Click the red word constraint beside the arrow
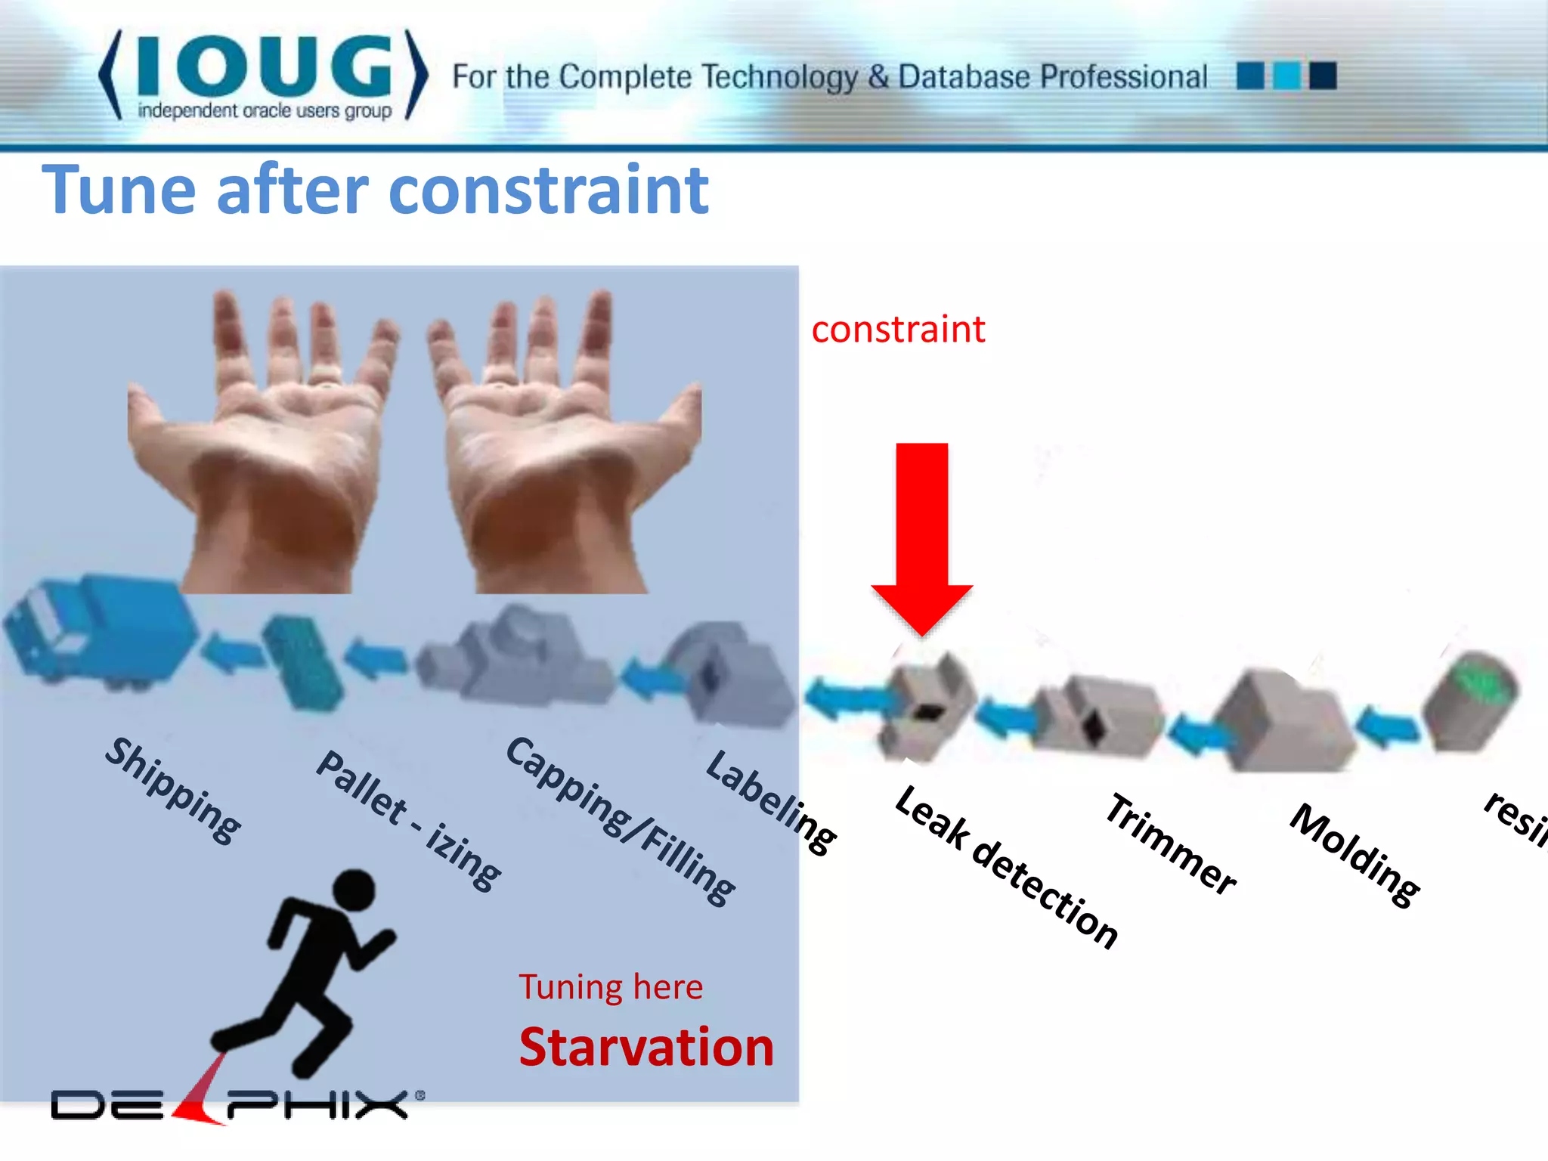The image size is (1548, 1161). pyautogui.click(x=898, y=330)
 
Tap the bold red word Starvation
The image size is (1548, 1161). pyautogui.click(x=646, y=1048)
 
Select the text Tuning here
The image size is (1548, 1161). pyautogui.click(x=611, y=987)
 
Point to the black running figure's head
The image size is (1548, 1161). pyautogui.click(x=354, y=890)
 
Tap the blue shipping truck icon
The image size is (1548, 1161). pyautogui.click(x=98, y=631)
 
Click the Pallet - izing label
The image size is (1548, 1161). pyautogui.click(x=409, y=821)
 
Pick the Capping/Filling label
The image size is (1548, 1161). pyautogui.click(x=620, y=820)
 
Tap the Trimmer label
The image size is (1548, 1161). pyautogui.click(x=1170, y=844)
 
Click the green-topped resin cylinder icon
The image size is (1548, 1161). pyautogui.click(x=1470, y=699)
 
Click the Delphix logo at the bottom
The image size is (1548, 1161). pyautogui.click(x=234, y=1104)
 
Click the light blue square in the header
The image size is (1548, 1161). pyautogui.click(x=1286, y=76)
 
